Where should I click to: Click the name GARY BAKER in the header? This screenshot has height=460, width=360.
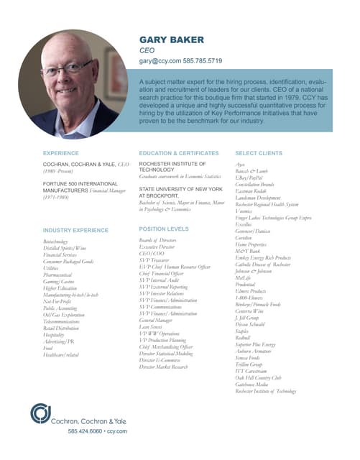coord(171,40)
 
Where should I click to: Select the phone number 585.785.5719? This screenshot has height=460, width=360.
coord(203,63)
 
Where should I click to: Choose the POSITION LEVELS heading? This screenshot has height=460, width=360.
coord(164,229)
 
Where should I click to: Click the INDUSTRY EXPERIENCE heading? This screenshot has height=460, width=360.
coord(75,229)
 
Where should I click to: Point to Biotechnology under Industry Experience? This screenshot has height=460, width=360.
coord(60,242)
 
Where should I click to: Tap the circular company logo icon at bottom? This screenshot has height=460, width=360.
coord(42,415)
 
